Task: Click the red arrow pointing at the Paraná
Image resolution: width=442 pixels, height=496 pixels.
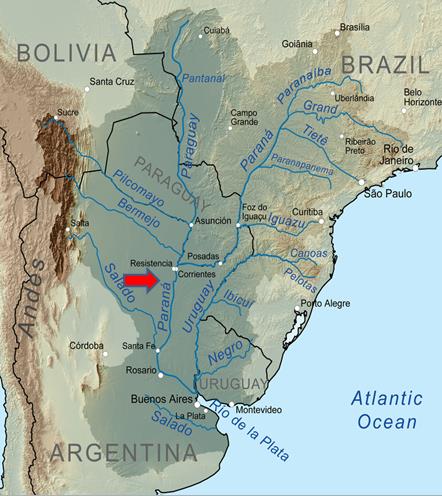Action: pos(143,282)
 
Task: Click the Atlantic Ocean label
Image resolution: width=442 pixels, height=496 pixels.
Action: pos(383,411)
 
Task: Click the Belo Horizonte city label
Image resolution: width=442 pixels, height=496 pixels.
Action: pos(420,98)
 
